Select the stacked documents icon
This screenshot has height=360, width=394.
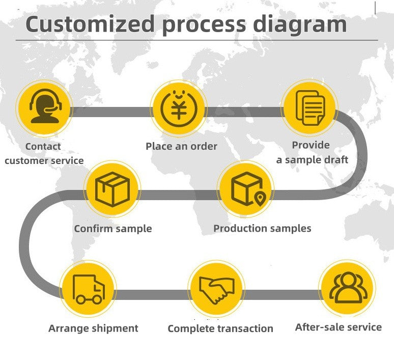click(310, 108)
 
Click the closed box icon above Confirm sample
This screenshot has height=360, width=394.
click(112, 189)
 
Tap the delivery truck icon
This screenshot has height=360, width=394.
click(89, 289)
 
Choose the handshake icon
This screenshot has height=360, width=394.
click(217, 290)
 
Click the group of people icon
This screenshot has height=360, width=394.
click(348, 287)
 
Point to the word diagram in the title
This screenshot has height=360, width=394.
click(300, 24)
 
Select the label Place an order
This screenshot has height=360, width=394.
click(181, 146)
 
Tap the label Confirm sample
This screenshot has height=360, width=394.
click(113, 229)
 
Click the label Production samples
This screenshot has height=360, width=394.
click(262, 228)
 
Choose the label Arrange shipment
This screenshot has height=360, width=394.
click(93, 328)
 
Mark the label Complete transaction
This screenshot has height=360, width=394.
click(220, 328)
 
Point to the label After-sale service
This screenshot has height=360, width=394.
click(339, 327)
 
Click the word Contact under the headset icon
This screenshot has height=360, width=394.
click(43, 146)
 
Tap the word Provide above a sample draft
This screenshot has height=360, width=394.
click(311, 145)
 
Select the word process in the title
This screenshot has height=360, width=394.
click(204, 25)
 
